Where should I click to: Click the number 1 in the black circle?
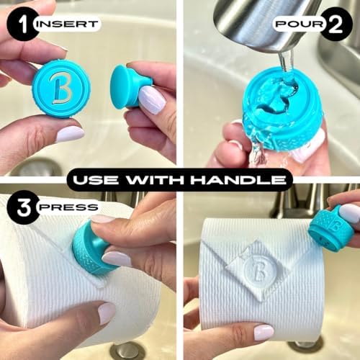[22, 24]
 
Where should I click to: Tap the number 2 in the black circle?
[336, 24]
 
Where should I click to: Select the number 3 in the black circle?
[24, 207]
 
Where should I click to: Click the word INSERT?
[68, 24]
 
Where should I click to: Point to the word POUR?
[300, 24]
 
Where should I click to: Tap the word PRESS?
[68, 207]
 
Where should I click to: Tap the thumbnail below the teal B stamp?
[70, 134]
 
